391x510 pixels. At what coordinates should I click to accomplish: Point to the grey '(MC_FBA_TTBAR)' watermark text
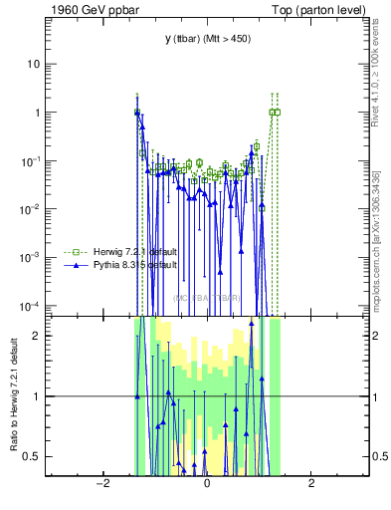pyautogui.click(x=206, y=298)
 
